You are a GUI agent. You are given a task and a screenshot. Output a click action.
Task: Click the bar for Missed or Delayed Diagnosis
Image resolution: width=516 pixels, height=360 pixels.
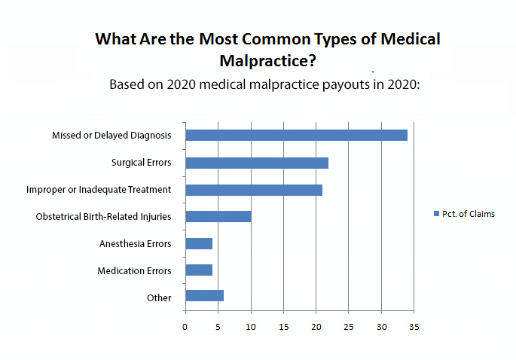click(x=296, y=136)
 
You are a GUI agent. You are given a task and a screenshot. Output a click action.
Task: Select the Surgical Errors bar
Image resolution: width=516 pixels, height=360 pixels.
click(x=257, y=163)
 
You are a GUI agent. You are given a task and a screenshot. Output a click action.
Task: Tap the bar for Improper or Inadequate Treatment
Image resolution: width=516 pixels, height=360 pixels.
click(x=254, y=190)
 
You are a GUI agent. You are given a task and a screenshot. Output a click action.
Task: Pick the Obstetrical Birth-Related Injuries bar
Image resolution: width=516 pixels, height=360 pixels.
click(x=218, y=217)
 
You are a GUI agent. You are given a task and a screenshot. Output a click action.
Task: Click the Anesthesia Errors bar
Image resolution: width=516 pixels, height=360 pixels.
click(x=199, y=244)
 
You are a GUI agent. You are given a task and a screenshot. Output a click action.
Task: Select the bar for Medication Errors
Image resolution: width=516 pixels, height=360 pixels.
click(x=199, y=270)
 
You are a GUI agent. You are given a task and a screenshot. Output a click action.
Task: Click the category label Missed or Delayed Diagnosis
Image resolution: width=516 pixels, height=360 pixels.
click(x=111, y=136)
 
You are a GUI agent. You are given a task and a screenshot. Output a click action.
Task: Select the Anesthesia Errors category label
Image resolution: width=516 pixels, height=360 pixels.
click(x=136, y=244)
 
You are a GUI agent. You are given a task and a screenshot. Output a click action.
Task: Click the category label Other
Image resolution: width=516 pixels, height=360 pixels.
click(x=159, y=298)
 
